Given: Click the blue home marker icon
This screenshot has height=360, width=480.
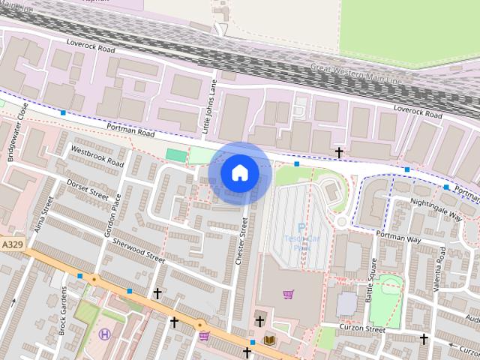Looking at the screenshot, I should [239, 172].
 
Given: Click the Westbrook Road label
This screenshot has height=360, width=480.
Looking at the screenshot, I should [97, 155].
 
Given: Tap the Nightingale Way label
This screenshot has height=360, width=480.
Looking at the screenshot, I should [436, 208].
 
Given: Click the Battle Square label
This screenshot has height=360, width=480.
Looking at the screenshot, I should [371, 280].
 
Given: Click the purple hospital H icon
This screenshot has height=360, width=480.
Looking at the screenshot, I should [104, 334].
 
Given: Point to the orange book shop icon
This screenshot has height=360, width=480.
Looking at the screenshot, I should [270, 340].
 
